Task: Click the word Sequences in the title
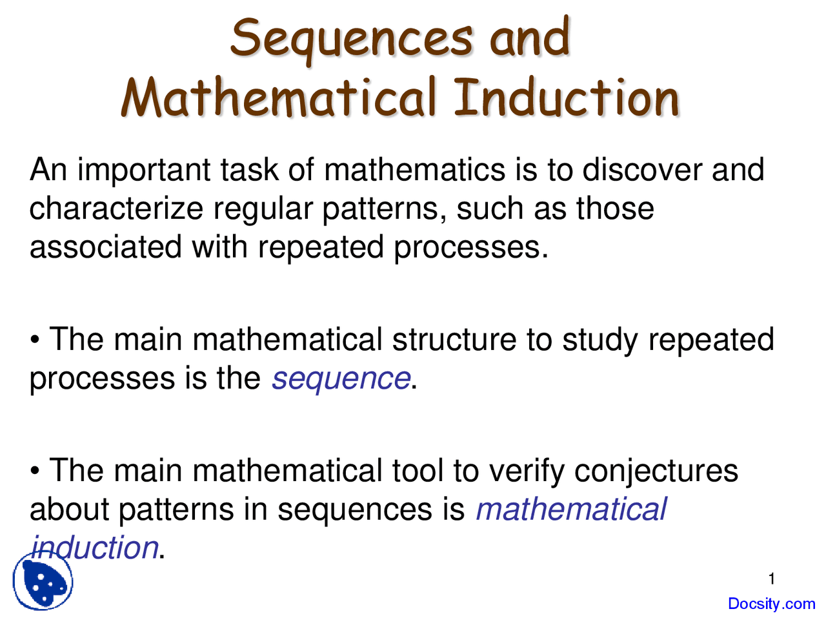tap(352, 37)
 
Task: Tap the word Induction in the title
tap(567, 98)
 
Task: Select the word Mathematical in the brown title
tap(278, 98)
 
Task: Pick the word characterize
tap(116, 209)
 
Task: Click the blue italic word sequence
tap(341, 379)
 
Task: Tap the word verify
tap(526, 471)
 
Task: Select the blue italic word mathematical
tap(571, 510)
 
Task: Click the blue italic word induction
tap(95, 548)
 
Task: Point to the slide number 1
tap(772, 579)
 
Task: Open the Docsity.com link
tap(771, 604)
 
